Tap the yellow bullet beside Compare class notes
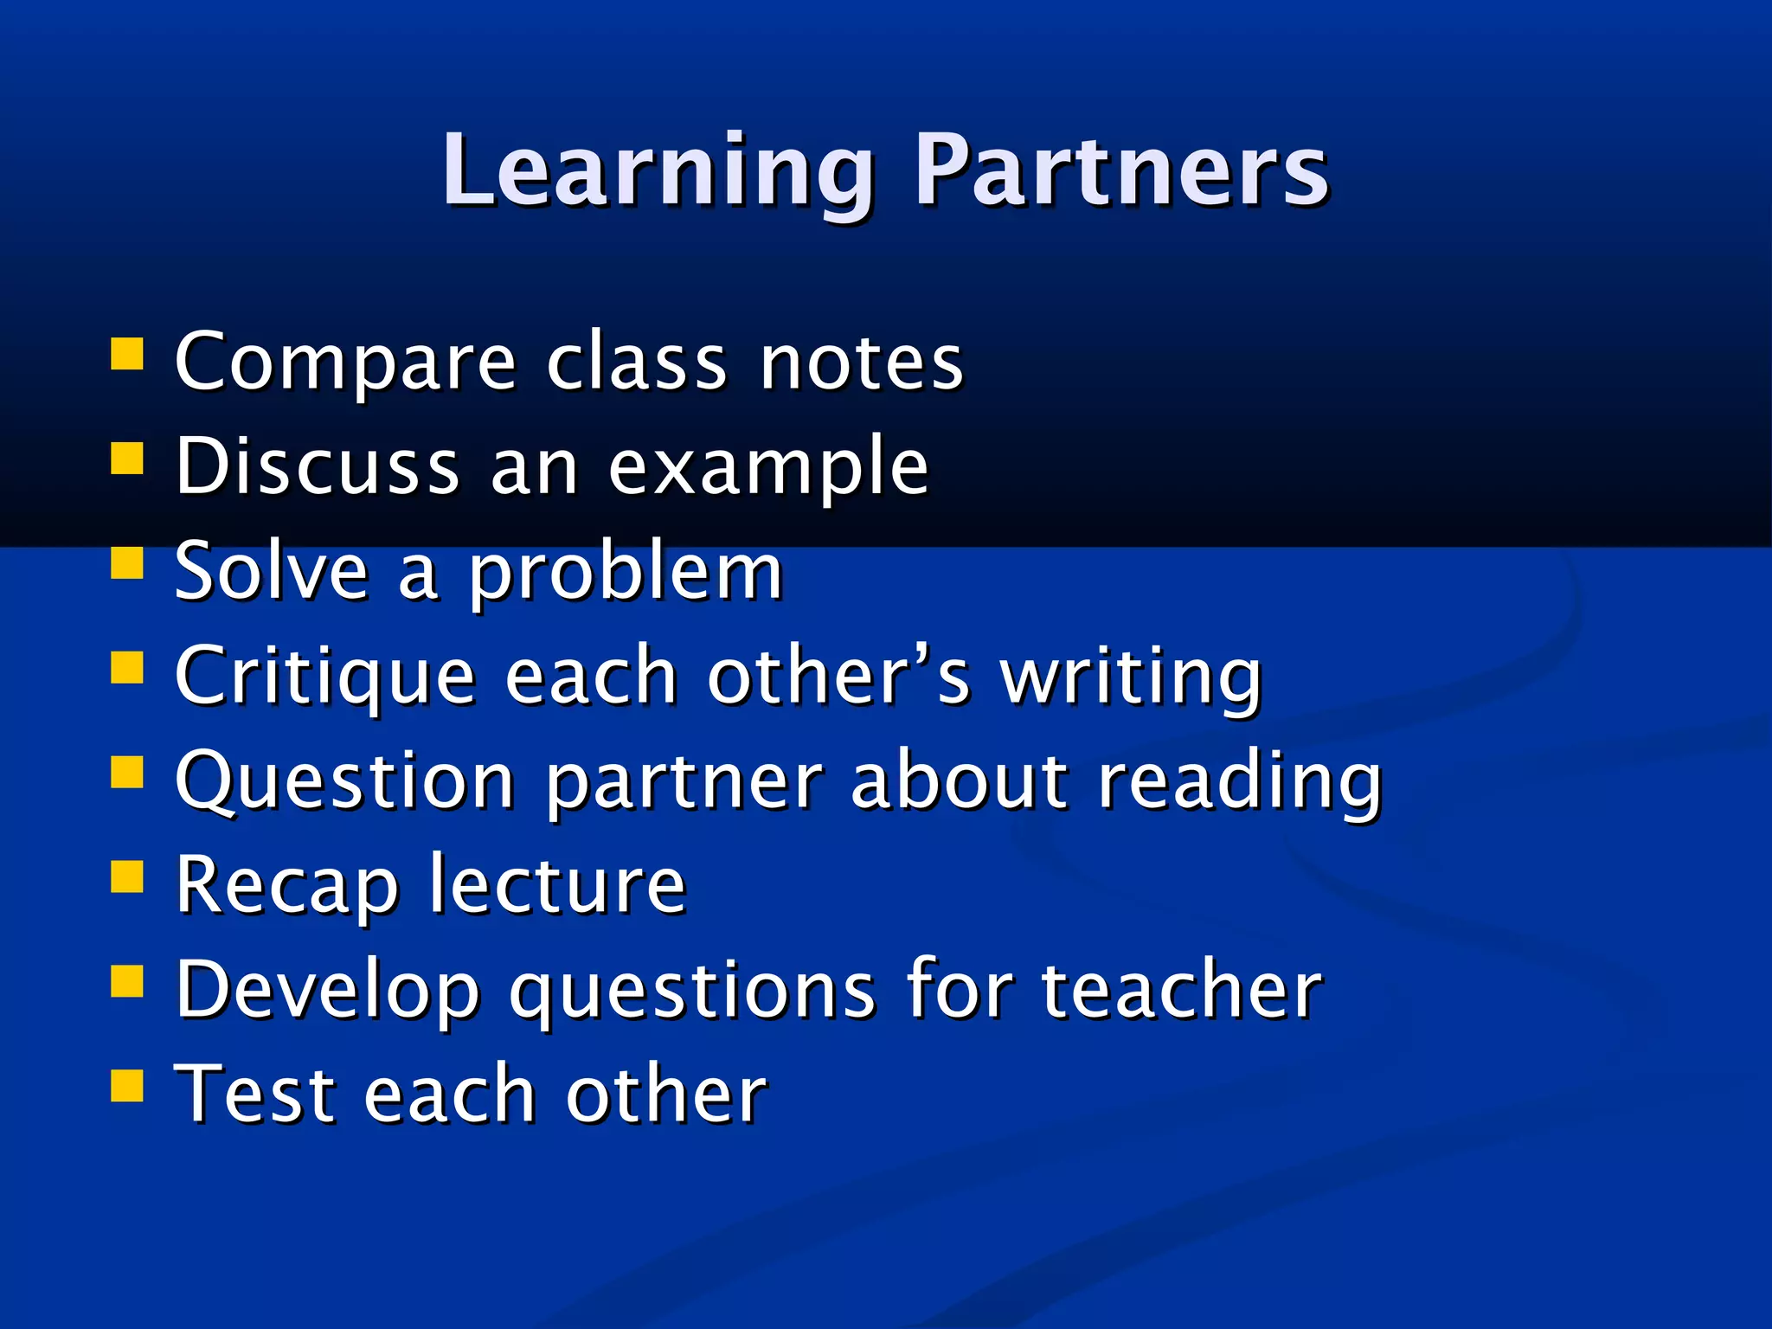tap(127, 354)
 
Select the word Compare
tap(345, 363)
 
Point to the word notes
tap(861, 363)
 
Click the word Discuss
tap(317, 467)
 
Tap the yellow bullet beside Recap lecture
tap(127, 876)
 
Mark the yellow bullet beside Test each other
tap(127, 1085)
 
